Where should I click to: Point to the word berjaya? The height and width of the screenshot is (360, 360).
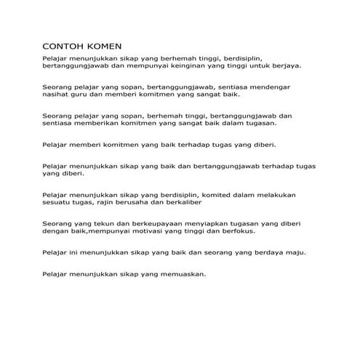284,65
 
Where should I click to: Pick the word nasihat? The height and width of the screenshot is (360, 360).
58,95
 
